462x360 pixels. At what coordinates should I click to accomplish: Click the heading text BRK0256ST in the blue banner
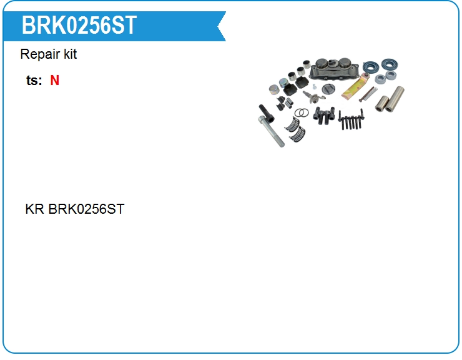(x=79, y=26)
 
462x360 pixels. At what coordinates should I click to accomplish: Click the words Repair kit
(x=49, y=54)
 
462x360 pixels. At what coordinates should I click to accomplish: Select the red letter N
(x=55, y=81)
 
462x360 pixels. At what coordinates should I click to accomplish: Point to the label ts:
(x=34, y=81)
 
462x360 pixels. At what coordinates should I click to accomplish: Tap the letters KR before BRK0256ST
(x=34, y=209)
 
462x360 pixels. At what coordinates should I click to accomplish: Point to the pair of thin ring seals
(x=302, y=112)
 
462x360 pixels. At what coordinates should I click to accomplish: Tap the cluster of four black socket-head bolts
(x=323, y=116)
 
